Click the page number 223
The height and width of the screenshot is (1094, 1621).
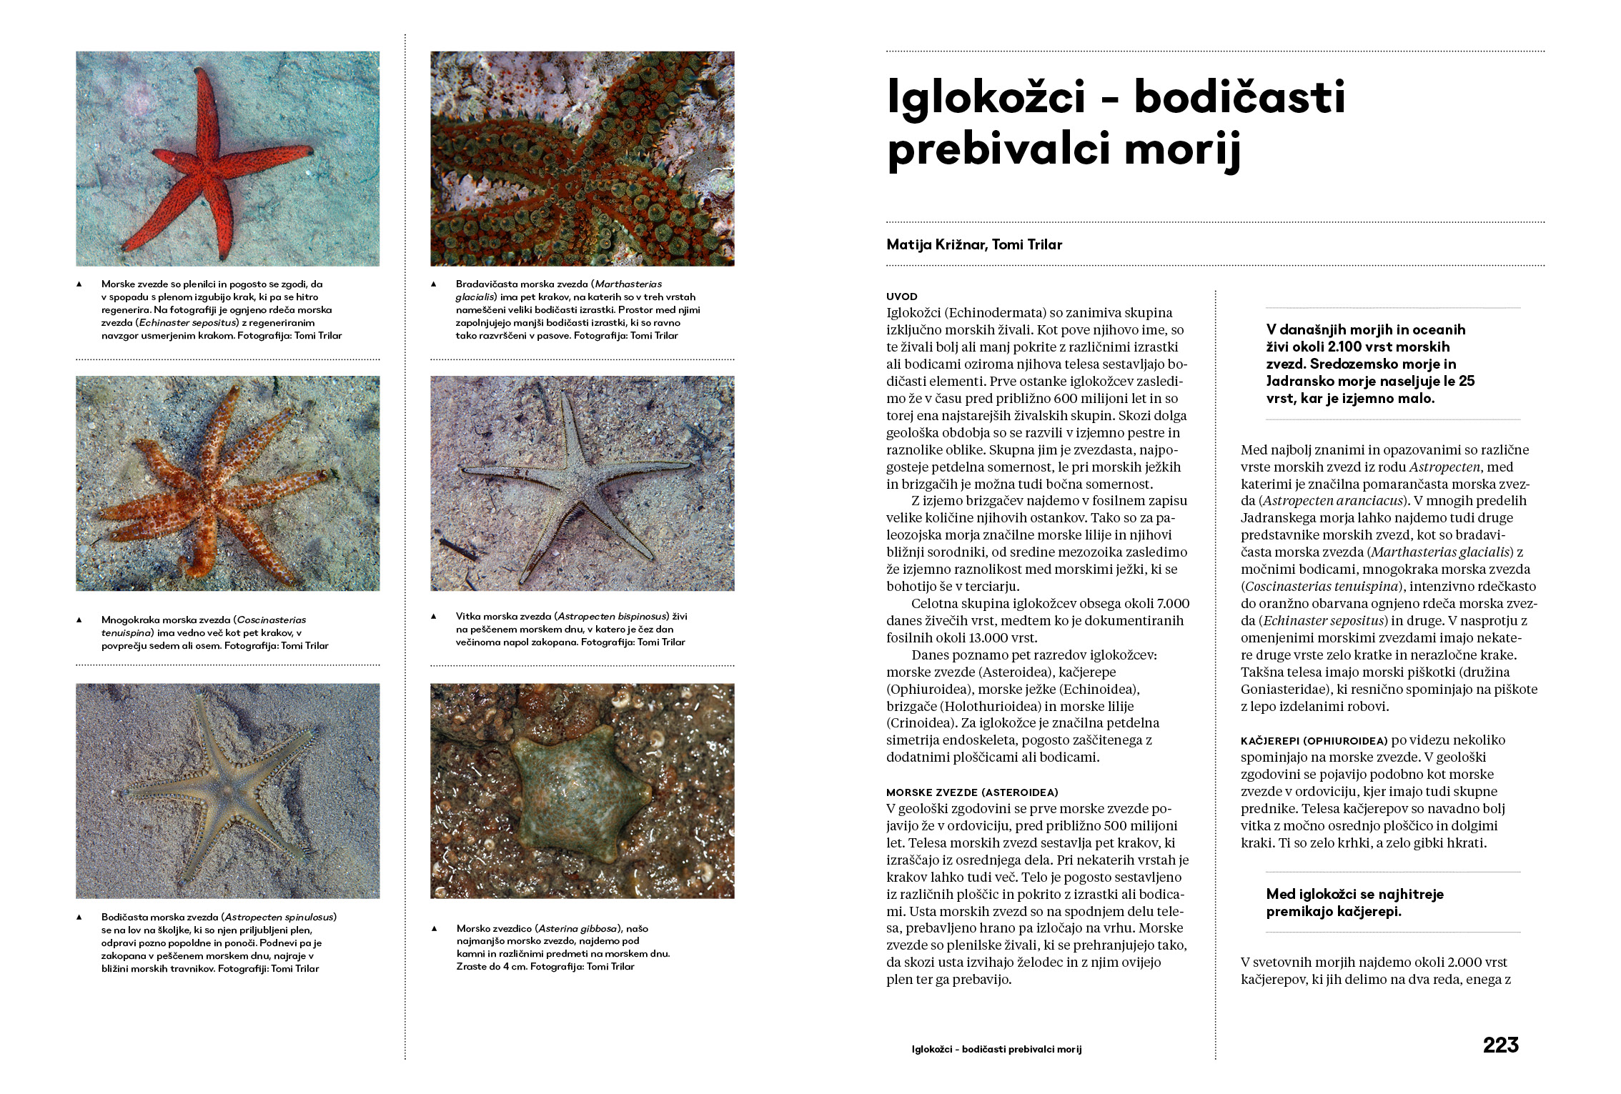(1500, 1045)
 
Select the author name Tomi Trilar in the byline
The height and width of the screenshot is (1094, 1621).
(1027, 244)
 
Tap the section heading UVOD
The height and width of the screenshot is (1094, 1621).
(901, 297)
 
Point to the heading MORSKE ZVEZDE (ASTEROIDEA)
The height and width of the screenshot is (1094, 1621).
(972, 792)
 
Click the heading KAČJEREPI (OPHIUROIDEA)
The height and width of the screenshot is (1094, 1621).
(1314, 741)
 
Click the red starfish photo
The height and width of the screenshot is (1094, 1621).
(227, 159)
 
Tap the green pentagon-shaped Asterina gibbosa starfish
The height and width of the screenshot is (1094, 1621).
(580, 793)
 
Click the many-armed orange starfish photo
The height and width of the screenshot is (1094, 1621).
(227, 484)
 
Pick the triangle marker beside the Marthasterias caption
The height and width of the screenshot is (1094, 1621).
(434, 284)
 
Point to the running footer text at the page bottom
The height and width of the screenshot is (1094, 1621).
(996, 1050)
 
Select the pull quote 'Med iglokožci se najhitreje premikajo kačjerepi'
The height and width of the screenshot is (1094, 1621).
(1354, 902)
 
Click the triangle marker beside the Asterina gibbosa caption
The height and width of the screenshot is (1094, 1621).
(434, 929)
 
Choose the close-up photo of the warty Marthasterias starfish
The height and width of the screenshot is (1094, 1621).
(582, 159)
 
